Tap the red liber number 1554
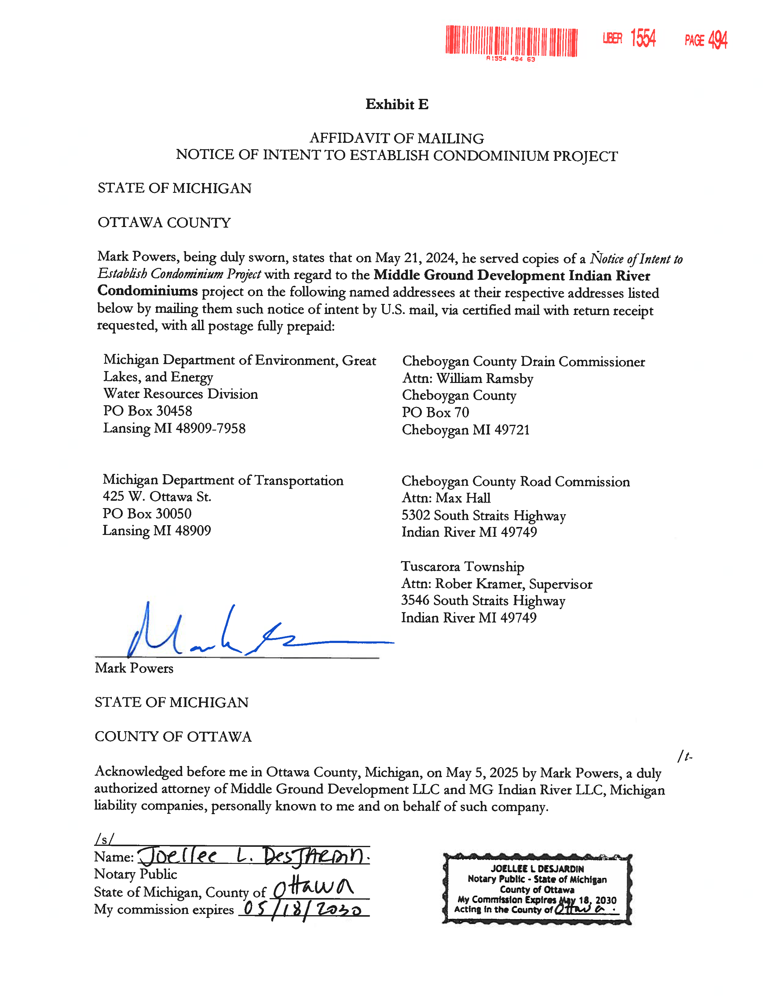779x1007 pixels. pos(643,38)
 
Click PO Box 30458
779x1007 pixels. pos(148,411)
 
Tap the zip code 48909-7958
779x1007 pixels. pos(210,428)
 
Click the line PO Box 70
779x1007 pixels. pos(435,412)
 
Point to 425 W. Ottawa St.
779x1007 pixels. pos(157,496)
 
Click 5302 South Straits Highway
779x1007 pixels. pos(484,515)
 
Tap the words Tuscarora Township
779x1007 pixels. pos(463,567)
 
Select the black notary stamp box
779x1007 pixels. pos(537,889)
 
